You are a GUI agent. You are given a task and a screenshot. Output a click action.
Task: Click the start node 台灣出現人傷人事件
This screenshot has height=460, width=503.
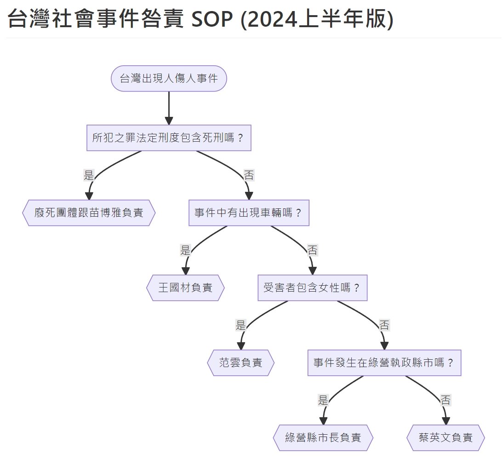tap(169, 79)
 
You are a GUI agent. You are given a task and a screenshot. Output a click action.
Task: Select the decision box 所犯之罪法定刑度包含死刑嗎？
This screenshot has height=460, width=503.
tap(169, 138)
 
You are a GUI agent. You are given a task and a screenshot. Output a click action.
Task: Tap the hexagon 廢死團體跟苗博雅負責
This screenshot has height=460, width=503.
tap(89, 213)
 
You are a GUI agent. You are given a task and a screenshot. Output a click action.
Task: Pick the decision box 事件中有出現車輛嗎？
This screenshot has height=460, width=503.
tap(249, 213)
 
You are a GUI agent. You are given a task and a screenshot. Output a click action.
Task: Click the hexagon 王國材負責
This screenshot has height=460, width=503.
tap(185, 288)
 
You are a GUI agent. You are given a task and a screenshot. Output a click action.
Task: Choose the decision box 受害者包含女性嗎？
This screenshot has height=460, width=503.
tap(312, 288)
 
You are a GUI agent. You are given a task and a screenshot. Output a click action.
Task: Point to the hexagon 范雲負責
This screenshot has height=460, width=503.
tap(241, 362)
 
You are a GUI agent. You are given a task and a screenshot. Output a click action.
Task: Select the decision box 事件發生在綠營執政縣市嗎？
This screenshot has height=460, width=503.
tap(384, 362)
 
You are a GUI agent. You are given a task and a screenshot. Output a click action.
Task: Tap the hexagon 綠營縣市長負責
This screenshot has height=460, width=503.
tap(323, 437)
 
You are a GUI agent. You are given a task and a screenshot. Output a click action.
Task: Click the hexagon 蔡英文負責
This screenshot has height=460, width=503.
tap(446, 437)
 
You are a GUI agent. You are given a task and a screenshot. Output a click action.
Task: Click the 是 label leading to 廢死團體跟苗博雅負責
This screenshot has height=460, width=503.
tap(89, 175)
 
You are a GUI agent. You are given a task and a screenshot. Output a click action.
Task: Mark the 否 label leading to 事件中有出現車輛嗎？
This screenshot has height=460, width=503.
tap(249, 175)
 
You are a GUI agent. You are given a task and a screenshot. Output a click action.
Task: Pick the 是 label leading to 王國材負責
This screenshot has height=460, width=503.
tap(185, 250)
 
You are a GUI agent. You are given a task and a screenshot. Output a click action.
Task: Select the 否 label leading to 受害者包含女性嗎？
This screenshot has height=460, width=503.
tap(312, 250)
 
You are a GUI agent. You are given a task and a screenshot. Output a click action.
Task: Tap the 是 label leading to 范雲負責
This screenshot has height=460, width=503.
tap(241, 325)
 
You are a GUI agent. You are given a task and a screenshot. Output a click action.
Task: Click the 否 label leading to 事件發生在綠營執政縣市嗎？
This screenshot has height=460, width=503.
tap(384, 325)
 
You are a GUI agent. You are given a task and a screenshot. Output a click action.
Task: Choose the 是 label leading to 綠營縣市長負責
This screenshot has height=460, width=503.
tap(323, 400)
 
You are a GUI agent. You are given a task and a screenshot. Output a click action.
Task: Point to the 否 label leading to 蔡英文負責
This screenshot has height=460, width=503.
tap(446, 400)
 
